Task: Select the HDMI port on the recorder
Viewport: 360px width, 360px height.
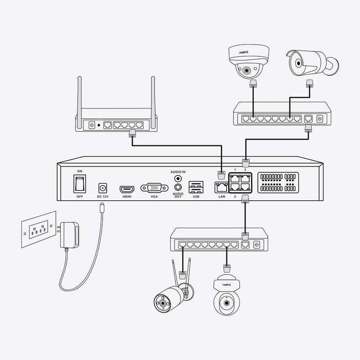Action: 126,189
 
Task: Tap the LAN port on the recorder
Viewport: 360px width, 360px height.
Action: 221,189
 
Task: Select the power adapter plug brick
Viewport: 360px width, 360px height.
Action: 69,234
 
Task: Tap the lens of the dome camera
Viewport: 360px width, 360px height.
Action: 247,71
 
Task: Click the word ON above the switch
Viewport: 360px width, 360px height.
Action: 80,171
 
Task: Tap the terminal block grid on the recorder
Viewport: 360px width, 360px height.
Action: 278,182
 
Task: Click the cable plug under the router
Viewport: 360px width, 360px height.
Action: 132,133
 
